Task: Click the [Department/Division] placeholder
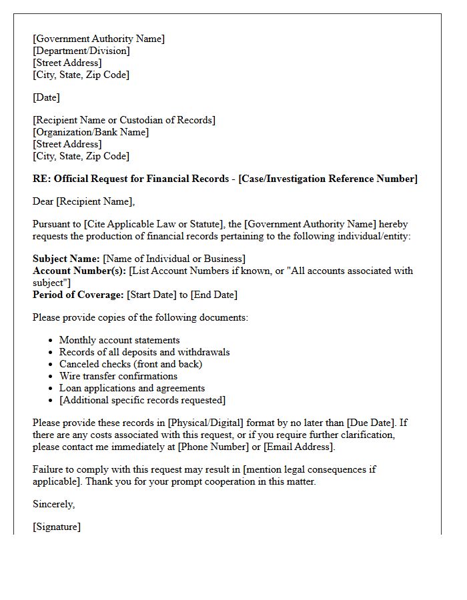coord(81,51)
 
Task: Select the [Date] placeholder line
coord(46,97)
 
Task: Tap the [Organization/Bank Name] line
coord(91,132)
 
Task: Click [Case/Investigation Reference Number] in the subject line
coord(328,179)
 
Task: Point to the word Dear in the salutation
coord(43,201)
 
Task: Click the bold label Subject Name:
coord(66,259)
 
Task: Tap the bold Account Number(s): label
coord(79,271)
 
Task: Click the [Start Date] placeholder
coord(151,295)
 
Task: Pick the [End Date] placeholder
coord(213,295)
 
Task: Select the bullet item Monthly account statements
coord(119,340)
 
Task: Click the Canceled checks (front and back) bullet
coord(131,364)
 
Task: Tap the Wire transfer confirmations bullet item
coord(118,376)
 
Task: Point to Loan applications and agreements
coord(132,388)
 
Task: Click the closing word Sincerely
coord(54,504)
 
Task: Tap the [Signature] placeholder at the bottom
coord(57,527)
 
